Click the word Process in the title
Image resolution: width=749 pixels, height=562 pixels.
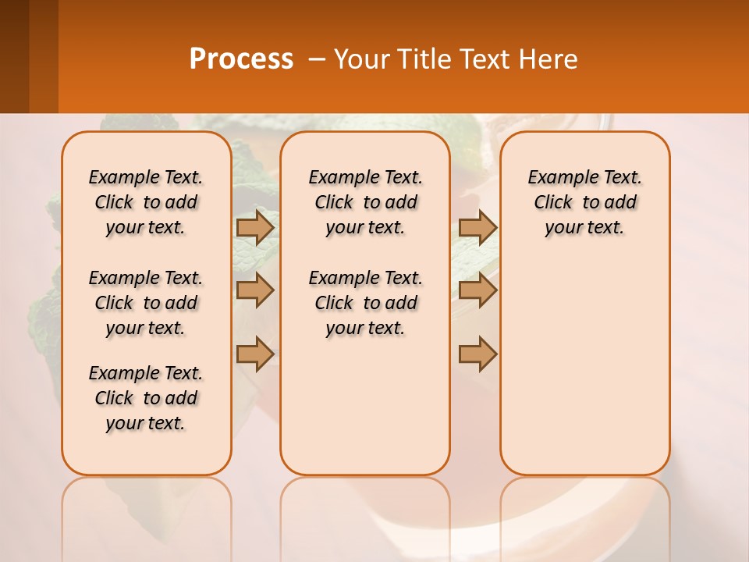coord(241,59)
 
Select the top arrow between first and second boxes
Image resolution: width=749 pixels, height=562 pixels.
coord(255,227)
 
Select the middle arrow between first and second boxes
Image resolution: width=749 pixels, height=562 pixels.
coord(255,290)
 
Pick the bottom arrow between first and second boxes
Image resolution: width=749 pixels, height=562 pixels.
coord(255,353)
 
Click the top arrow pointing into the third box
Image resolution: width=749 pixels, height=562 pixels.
coord(477,227)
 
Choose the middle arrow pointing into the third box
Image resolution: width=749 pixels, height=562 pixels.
coord(477,290)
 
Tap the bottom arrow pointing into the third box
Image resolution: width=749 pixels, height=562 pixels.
coord(477,353)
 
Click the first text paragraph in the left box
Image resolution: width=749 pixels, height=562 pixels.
coord(146,202)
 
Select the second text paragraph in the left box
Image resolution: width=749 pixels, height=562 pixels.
coord(146,303)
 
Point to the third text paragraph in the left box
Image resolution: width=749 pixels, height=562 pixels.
coord(146,398)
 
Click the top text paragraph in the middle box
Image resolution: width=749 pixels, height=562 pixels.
coord(366,202)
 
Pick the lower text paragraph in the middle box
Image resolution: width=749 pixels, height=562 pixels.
coord(366,303)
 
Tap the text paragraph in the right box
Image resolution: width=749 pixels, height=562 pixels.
coord(585,202)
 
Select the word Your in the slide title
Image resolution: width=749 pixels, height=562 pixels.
coord(361,59)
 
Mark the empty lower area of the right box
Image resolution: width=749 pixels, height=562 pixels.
coord(585,375)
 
